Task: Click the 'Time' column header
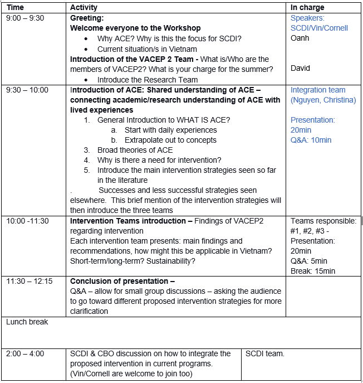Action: tap(15, 7)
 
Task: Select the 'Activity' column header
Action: tap(84, 7)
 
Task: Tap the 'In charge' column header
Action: tap(307, 7)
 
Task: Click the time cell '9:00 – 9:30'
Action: tap(25, 18)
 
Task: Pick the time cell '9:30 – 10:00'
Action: tap(27, 90)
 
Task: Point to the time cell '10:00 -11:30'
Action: tap(27, 221)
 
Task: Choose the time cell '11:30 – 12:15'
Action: tap(30, 281)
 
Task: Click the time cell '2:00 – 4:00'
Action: tap(25, 353)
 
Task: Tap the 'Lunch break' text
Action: tap(27, 322)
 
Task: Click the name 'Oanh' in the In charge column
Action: tap(300, 38)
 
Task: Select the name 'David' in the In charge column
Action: tap(301, 68)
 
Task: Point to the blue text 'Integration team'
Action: tap(318, 90)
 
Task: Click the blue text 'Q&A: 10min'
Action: tap(311, 140)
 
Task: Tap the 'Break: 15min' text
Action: tap(313, 271)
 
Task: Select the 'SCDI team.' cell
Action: tap(265, 353)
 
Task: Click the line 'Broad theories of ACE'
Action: tap(135, 150)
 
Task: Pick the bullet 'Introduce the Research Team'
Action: tap(147, 80)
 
